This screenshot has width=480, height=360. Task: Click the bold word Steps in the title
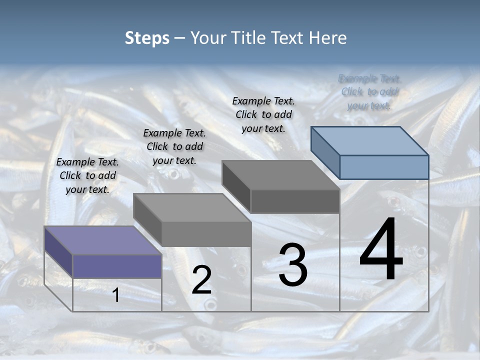[x=147, y=38]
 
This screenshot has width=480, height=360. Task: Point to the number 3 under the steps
[x=293, y=264]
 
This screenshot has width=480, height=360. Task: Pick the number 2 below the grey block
[x=201, y=280]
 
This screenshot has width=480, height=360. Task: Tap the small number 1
[x=115, y=295]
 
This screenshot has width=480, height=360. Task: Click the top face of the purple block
[x=102, y=240]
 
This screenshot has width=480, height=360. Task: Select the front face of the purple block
[x=117, y=265]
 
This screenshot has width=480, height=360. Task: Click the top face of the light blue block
[x=370, y=140]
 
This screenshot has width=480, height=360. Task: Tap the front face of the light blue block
[x=384, y=167]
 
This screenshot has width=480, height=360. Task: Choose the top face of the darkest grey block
[x=280, y=175]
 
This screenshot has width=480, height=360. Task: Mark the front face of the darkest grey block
[x=295, y=201]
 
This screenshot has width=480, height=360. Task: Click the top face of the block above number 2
[x=192, y=207]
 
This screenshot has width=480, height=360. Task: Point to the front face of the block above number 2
[x=206, y=234]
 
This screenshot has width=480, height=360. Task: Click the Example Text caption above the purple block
[x=87, y=175]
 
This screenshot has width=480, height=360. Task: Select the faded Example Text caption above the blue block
[x=369, y=92]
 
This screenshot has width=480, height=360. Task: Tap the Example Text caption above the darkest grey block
[x=263, y=114]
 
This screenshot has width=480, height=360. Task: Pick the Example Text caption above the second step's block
[x=174, y=146]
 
